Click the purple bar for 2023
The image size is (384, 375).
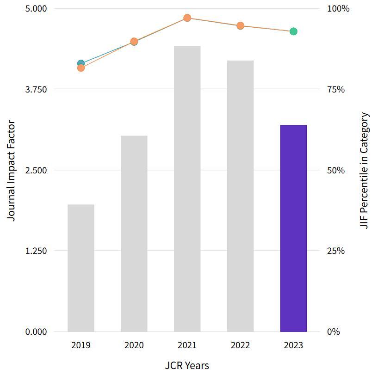click(293, 228)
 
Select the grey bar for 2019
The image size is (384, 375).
click(81, 268)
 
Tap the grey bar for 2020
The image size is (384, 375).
click(134, 234)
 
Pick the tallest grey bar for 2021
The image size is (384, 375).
click(187, 189)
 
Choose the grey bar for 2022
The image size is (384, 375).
click(240, 196)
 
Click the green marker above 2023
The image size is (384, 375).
click(293, 31)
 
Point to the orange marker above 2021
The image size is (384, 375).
click(187, 18)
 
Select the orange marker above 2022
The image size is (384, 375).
click(240, 26)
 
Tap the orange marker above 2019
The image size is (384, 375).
click(81, 68)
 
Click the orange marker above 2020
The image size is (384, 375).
click(134, 42)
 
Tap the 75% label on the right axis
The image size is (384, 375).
click(336, 89)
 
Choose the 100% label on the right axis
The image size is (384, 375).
click(338, 9)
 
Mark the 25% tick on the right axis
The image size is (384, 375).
click(336, 251)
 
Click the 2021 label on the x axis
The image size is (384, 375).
click(187, 345)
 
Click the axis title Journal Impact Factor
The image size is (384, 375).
click(12, 171)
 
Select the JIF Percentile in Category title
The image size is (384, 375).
click(365, 171)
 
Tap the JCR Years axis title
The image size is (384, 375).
click(187, 366)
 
